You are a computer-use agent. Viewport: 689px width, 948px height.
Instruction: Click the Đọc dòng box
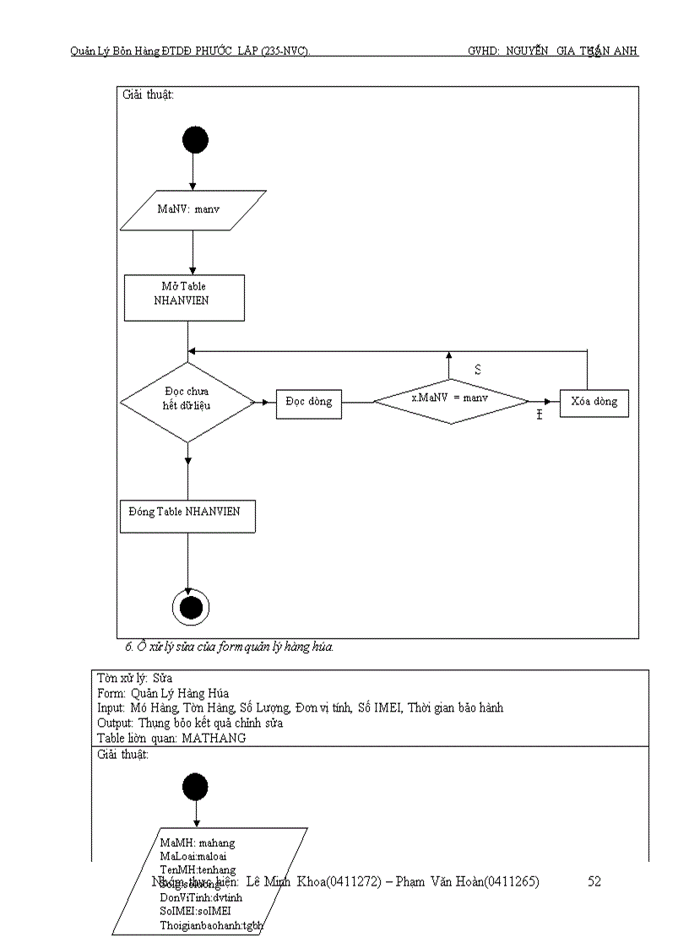point(308,403)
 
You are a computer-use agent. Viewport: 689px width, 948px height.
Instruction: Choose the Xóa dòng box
point(594,403)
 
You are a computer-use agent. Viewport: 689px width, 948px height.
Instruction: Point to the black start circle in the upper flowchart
point(195,140)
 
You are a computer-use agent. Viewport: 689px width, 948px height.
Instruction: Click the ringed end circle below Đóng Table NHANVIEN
point(190,606)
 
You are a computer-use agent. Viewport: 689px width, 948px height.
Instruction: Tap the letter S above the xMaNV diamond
point(478,370)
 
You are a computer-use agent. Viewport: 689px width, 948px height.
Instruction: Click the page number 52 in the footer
point(594,881)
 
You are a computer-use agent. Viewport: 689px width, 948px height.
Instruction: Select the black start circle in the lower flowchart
point(195,787)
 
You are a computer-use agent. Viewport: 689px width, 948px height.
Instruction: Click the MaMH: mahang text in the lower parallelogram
point(198,842)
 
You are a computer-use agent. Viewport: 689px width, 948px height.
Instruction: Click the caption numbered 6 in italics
point(229,647)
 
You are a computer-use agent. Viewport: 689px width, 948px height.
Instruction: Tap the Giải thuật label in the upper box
point(149,95)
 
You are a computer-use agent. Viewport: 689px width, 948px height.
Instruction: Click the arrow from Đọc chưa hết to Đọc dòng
point(265,403)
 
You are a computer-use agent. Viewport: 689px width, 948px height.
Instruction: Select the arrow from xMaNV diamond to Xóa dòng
point(544,402)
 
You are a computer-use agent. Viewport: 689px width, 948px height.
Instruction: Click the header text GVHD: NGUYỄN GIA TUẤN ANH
point(552,51)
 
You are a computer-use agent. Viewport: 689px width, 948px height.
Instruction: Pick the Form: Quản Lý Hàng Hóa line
point(163,693)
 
